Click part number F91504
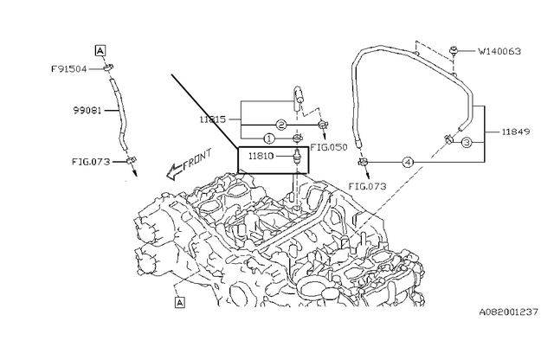click(x=69, y=68)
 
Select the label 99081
click(x=87, y=111)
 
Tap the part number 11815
click(x=213, y=119)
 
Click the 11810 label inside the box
click(x=261, y=156)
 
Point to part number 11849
click(x=516, y=132)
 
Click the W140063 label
click(x=499, y=52)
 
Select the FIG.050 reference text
click(x=329, y=147)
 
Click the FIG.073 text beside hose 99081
click(x=91, y=162)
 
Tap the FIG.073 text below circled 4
click(x=367, y=186)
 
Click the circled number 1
click(x=269, y=138)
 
